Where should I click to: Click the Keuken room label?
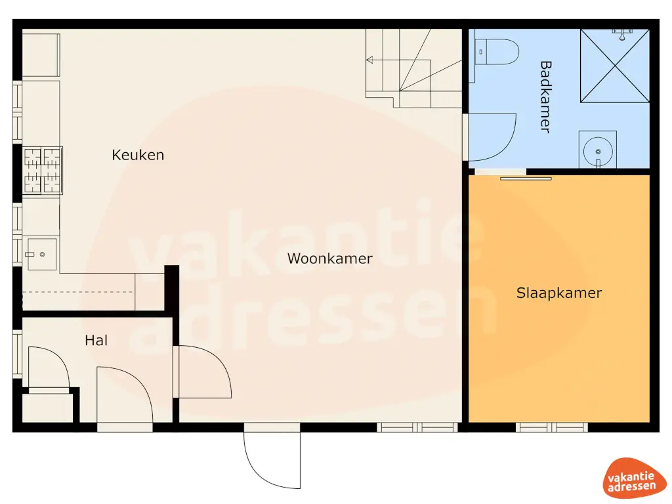pos(138,156)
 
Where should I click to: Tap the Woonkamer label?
pos(329,259)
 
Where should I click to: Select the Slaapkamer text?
pos(558,293)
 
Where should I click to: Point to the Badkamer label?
pos(545,96)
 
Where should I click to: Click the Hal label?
pos(96,341)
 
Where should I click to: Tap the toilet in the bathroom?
pos(498,51)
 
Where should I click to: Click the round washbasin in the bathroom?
pos(597,150)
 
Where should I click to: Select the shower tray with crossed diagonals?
pos(614,66)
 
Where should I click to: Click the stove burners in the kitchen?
pos(43,171)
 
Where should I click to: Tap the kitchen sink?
pos(41,253)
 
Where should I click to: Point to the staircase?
pos(413,69)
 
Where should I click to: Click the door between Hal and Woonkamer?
pos(203,372)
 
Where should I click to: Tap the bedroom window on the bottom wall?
pos(551,427)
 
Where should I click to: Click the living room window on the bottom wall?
pos(417,427)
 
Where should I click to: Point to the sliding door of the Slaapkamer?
pos(525,177)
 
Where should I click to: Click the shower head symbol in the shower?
pos(621,30)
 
